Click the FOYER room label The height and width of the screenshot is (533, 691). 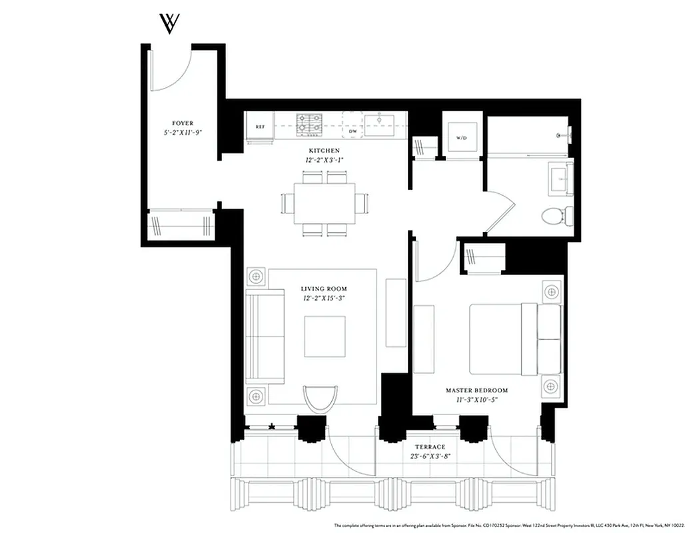(x=183, y=123)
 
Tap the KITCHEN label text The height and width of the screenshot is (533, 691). (x=324, y=151)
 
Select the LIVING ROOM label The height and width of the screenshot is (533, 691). (x=324, y=288)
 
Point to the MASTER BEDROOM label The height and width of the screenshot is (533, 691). (x=476, y=390)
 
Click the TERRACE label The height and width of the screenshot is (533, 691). (x=430, y=447)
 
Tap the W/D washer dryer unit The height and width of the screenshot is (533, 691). (x=461, y=138)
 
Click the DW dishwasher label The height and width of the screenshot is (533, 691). (x=353, y=132)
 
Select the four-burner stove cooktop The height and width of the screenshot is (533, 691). (x=309, y=123)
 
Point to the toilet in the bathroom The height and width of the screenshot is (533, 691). (x=555, y=215)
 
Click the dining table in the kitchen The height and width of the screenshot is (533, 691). (x=324, y=203)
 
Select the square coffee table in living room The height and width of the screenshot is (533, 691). (x=325, y=336)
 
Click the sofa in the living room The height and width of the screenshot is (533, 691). (x=256, y=337)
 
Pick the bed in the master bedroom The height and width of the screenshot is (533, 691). (x=513, y=339)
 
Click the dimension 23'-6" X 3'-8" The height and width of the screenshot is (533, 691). (x=430, y=457)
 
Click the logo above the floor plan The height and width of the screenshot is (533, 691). (x=169, y=23)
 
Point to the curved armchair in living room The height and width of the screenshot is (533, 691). (x=321, y=399)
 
